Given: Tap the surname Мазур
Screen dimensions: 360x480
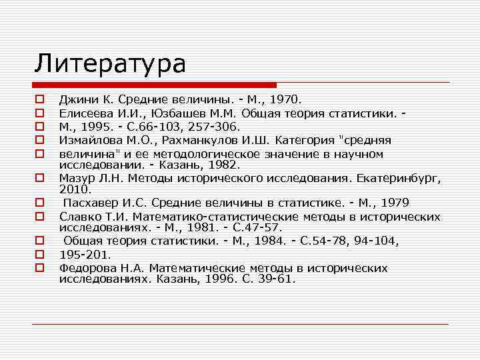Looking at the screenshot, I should click(x=76, y=178).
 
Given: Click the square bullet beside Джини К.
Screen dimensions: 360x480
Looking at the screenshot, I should click(x=39, y=98).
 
